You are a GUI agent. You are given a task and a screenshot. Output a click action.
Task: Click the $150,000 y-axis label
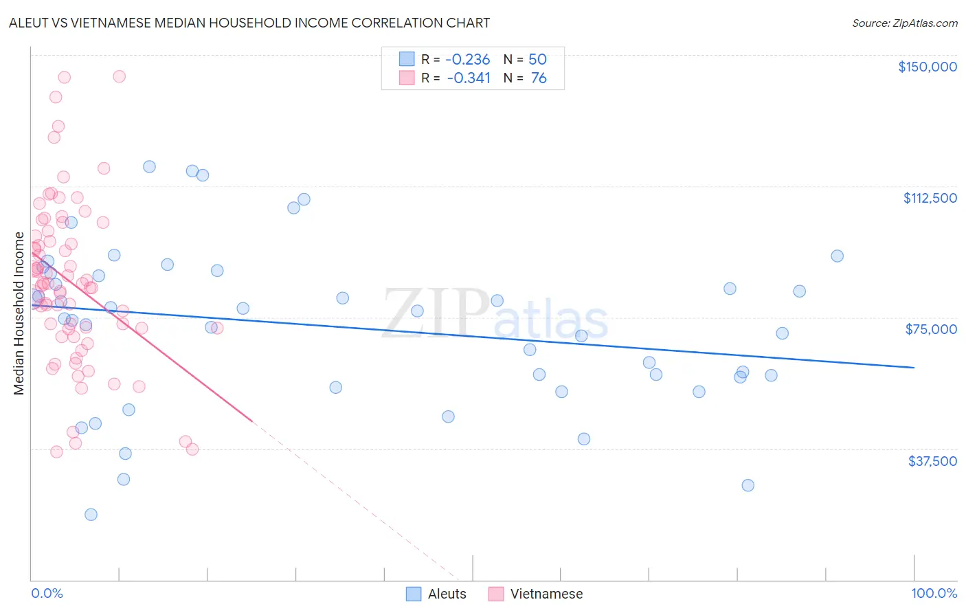point(927,67)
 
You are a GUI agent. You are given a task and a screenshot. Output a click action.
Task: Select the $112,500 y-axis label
point(930,198)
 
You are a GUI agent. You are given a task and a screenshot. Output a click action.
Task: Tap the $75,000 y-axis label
point(931,329)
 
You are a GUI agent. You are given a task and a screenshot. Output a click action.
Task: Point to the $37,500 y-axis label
point(932,461)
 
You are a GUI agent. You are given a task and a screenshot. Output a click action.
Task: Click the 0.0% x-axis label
point(47,594)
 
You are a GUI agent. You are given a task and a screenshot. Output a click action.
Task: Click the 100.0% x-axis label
point(934,594)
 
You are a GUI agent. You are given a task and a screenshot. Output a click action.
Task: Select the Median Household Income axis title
point(19,313)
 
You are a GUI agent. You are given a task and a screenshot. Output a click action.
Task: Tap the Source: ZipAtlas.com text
point(904,23)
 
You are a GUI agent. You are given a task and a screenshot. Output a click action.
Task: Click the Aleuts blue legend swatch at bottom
point(413,594)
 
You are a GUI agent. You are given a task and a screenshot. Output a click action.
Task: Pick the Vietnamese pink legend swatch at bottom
point(496,594)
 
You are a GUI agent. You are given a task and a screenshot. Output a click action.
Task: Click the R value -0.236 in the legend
point(467,60)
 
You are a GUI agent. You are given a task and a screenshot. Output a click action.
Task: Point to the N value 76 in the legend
point(539,78)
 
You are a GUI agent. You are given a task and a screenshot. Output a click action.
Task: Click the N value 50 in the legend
point(537,60)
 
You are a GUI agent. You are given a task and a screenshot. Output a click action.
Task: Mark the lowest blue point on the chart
point(91,515)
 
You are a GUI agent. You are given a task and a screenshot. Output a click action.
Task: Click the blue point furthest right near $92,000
point(837,256)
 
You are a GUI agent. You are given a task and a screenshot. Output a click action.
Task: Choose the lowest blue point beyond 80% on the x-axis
point(748,485)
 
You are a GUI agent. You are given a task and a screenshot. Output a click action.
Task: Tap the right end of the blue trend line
point(914,368)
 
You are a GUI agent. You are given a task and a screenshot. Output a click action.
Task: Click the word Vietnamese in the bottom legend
point(546,594)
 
